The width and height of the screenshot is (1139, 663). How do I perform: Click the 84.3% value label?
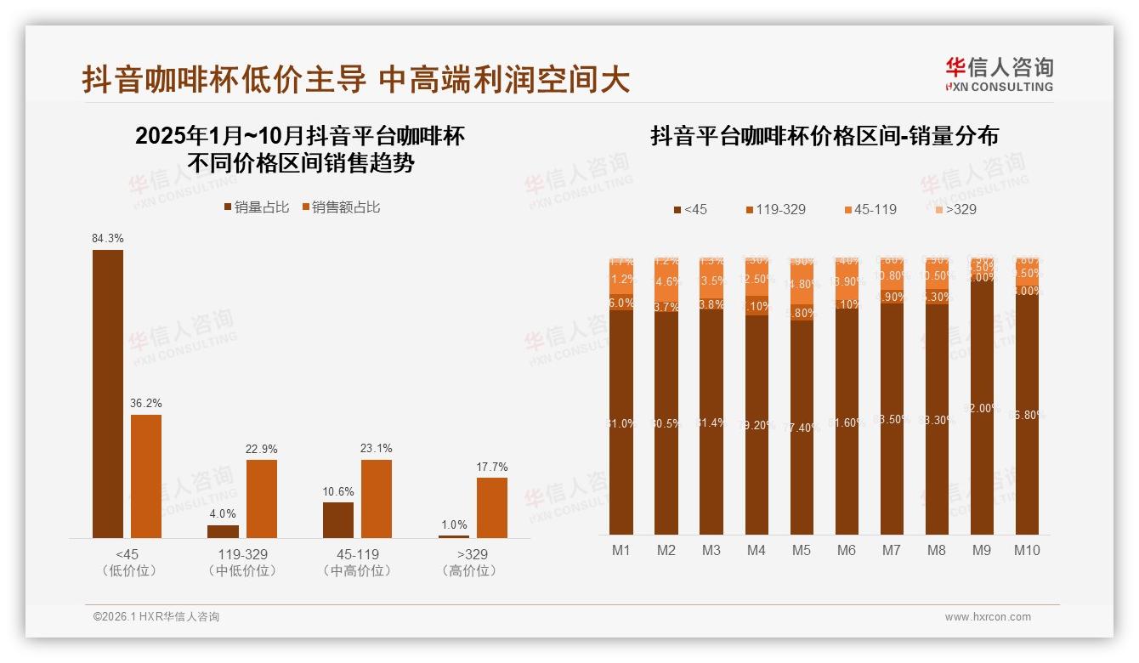point(108,239)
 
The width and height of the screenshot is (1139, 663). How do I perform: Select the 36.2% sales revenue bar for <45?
point(146,476)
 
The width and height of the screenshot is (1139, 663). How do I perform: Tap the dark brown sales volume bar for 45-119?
point(338,519)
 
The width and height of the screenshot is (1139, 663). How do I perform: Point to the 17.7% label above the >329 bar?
point(492,467)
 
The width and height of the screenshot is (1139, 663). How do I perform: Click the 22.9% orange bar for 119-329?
point(262,498)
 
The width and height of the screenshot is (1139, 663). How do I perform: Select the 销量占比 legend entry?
point(257,207)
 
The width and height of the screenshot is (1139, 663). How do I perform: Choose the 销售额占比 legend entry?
point(341,207)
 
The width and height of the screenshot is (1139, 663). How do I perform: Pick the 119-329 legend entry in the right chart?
point(774,209)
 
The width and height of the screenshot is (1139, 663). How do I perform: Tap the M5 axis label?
point(802,550)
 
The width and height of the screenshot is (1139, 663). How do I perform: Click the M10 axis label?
point(1027,550)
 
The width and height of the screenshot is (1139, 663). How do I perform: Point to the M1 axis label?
point(621,550)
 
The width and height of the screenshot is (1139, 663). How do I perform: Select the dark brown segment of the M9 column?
point(982,408)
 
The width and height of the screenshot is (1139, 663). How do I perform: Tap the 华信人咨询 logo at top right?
point(999,74)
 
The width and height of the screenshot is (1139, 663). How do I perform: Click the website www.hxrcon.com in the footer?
point(988,617)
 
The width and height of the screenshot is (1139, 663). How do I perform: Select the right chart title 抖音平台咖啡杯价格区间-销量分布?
point(824,136)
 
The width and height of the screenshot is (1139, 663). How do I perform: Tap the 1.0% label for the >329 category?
point(454,524)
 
